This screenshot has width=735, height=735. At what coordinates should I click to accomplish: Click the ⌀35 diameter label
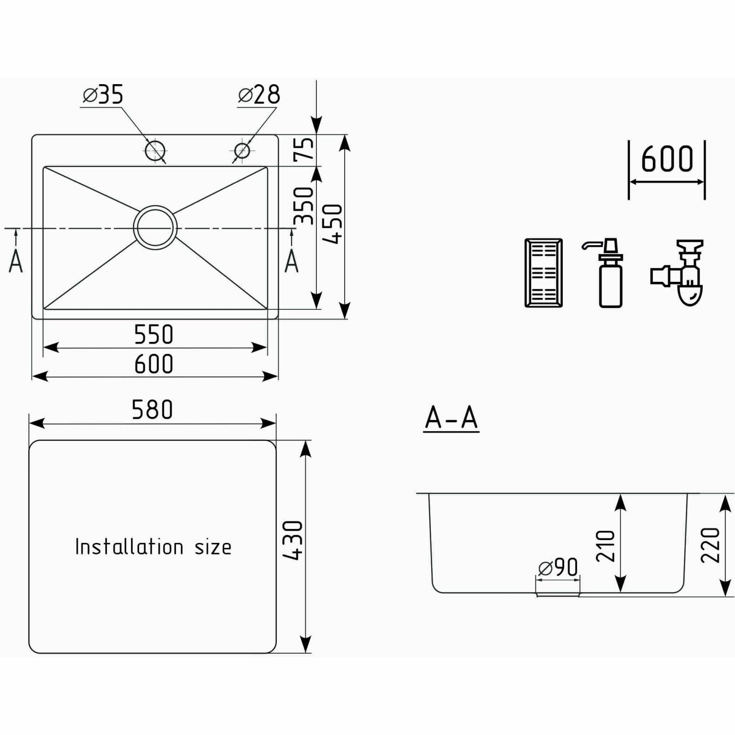coord(103,94)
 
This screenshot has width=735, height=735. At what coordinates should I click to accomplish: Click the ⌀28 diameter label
coord(259,94)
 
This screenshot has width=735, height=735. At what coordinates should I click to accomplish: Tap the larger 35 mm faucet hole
coord(155,150)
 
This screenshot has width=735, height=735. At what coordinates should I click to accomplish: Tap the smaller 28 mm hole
coord(242,150)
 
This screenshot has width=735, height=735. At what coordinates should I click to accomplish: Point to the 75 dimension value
coord(305,149)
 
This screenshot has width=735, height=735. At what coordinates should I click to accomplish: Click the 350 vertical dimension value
coord(305,206)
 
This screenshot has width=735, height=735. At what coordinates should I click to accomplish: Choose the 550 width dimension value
coord(154,334)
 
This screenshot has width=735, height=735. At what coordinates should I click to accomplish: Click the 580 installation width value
coord(152,410)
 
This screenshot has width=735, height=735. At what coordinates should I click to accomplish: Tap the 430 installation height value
coord(294,540)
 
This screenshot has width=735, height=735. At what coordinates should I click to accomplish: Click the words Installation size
coord(153,547)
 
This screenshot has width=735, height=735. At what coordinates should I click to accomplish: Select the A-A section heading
coord(451,418)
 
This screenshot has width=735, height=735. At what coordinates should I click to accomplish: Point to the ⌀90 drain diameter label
coord(558,568)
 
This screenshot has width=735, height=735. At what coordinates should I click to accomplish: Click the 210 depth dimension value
coord(606,546)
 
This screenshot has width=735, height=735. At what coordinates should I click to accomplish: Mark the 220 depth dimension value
coord(710,545)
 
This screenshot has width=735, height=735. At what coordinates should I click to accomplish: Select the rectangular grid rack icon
coord(543,273)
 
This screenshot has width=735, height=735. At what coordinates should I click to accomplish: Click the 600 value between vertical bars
coord(667,159)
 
